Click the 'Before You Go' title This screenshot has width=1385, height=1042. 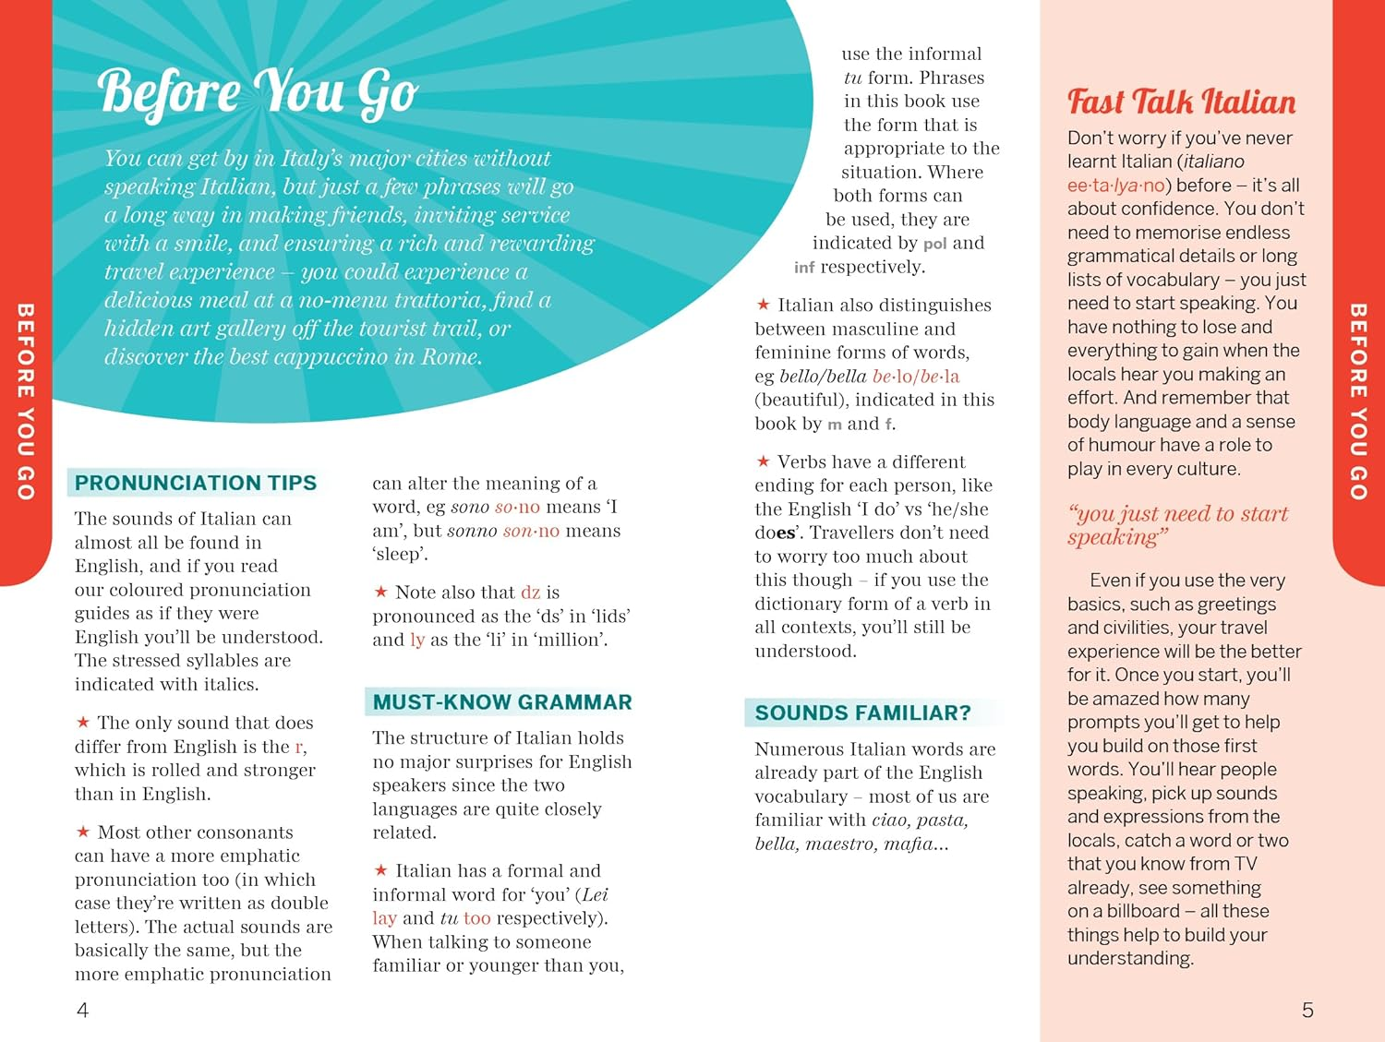click(x=258, y=93)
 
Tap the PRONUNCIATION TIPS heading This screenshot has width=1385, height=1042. click(x=195, y=483)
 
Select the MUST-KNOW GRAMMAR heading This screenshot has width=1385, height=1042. click(x=502, y=702)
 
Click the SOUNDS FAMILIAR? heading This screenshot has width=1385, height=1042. click(x=862, y=713)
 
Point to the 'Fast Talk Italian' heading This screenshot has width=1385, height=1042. click(x=1181, y=102)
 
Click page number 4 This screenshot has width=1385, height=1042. click(x=82, y=1011)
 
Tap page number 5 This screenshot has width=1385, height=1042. click(x=1307, y=1011)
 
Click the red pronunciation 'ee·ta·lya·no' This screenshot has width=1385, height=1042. click(x=1115, y=186)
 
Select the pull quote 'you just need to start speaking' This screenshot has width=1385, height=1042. click(x=1177, y=525)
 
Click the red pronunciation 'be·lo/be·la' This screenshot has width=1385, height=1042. click(x=915, y=377)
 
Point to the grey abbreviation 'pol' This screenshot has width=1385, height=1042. click(x=934, y=244)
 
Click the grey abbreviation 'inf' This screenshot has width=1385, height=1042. click(x=803, y=268)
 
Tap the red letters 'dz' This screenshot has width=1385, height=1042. click(x=530, y=593)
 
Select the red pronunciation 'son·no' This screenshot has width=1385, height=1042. click(x=531, y=531)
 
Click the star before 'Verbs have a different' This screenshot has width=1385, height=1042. click(x=763, y=461)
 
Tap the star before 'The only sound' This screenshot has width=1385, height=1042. click(x=82, y=722)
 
